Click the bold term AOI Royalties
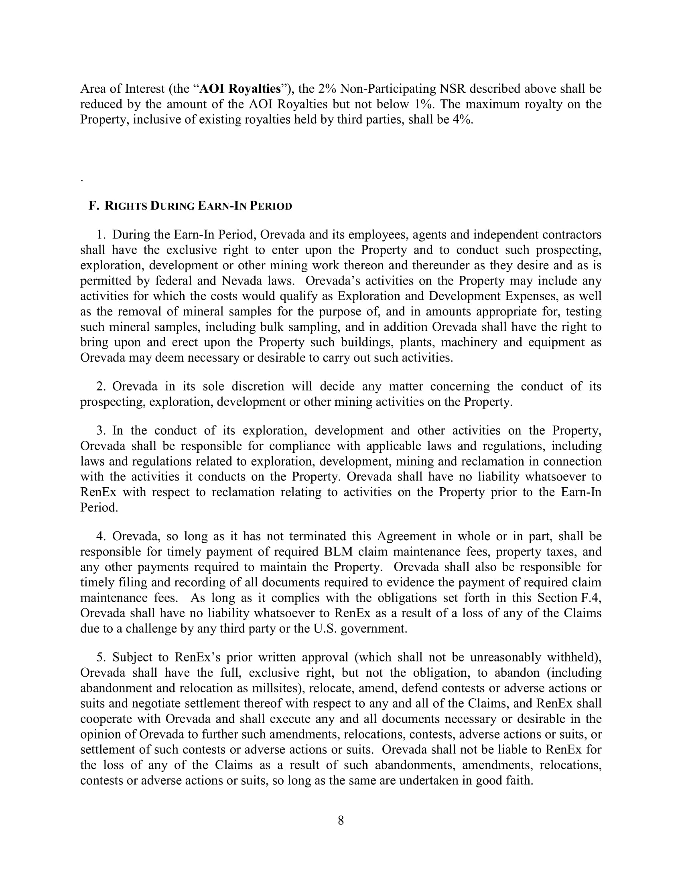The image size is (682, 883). [240, 89]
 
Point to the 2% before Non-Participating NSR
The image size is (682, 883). [328, 89]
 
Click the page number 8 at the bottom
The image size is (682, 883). [341, 820]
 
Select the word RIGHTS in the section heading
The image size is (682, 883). [126, 206]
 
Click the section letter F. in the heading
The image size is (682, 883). [94, 206]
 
